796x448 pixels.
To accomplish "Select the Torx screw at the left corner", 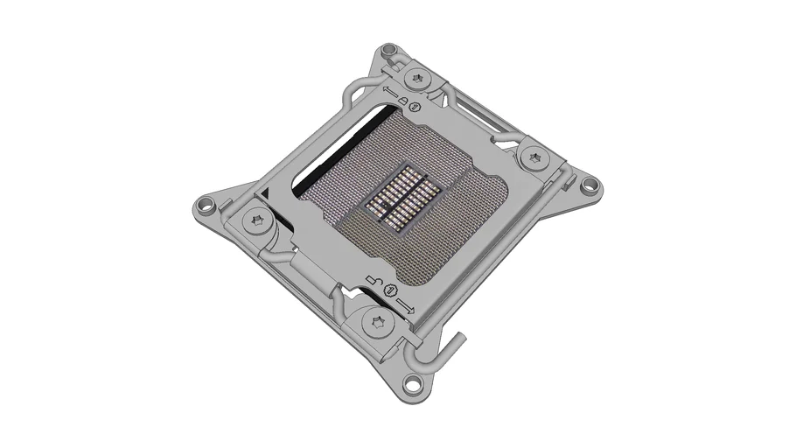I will coord(258,220).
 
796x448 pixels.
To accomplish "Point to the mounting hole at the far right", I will coord(590,184).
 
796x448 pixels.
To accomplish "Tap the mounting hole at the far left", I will coord(205,208).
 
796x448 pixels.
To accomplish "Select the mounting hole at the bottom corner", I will coord(411,382).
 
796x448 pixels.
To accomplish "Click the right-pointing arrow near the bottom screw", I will coord(405,304).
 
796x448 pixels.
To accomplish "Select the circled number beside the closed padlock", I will coord(416,108).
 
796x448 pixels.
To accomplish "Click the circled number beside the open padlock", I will coord(390,290).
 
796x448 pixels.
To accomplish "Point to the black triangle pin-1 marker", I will coord(263,193).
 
